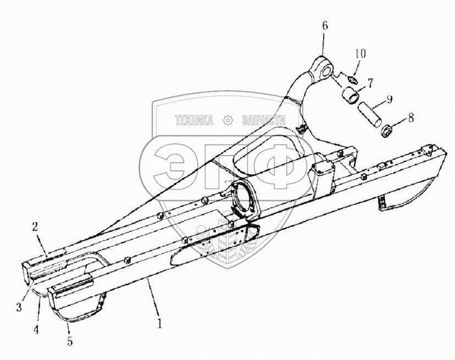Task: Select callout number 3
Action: (19, 307)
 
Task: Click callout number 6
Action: (324, 25)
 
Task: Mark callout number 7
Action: (370, 84)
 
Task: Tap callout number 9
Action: (389, 99)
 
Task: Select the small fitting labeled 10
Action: (352, 80)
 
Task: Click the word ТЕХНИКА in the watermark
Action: (194, 120)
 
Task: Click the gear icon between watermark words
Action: (226, 120)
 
